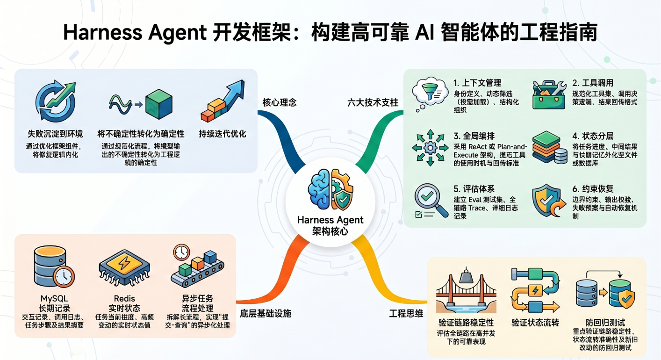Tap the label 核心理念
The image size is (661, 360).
pos(280,102)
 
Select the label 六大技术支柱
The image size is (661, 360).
pos(373,102)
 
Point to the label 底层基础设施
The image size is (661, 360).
pos(266,313)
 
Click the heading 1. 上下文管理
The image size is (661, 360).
pos(477,83)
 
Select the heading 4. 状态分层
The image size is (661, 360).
pos(593,136)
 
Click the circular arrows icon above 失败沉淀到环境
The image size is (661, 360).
pos(56,102)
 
